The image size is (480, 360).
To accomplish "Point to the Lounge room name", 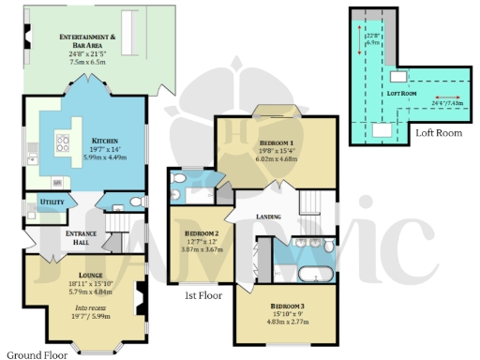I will (84, 275).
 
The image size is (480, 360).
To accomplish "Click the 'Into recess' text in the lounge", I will (83, 307).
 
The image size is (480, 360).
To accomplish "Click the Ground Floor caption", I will (35, 354).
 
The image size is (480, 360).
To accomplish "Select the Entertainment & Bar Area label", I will (87, 39).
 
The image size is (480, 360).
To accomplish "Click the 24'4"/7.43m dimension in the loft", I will (448, 103).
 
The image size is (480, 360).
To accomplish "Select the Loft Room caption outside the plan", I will (438, 133).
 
